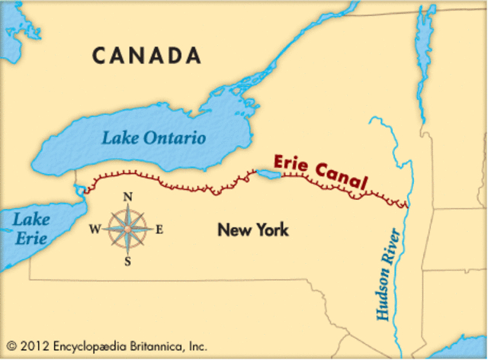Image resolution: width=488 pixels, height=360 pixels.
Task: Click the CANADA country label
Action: [x=147, y=56]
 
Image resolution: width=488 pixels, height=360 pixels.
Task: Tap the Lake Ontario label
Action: [x=155, y=139]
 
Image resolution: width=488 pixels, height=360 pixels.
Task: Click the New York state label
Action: [x=252, y=229]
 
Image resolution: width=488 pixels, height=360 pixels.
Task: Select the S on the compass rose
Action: [x=128, y=262]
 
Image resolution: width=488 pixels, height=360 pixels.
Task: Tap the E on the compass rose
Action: [x=159, y=229]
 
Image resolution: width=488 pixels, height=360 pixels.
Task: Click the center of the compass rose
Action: [x=128, y=229]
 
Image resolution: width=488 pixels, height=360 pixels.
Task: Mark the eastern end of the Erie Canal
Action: [x=406, y=205]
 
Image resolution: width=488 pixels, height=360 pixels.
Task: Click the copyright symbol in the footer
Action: [x=11, y=346]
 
